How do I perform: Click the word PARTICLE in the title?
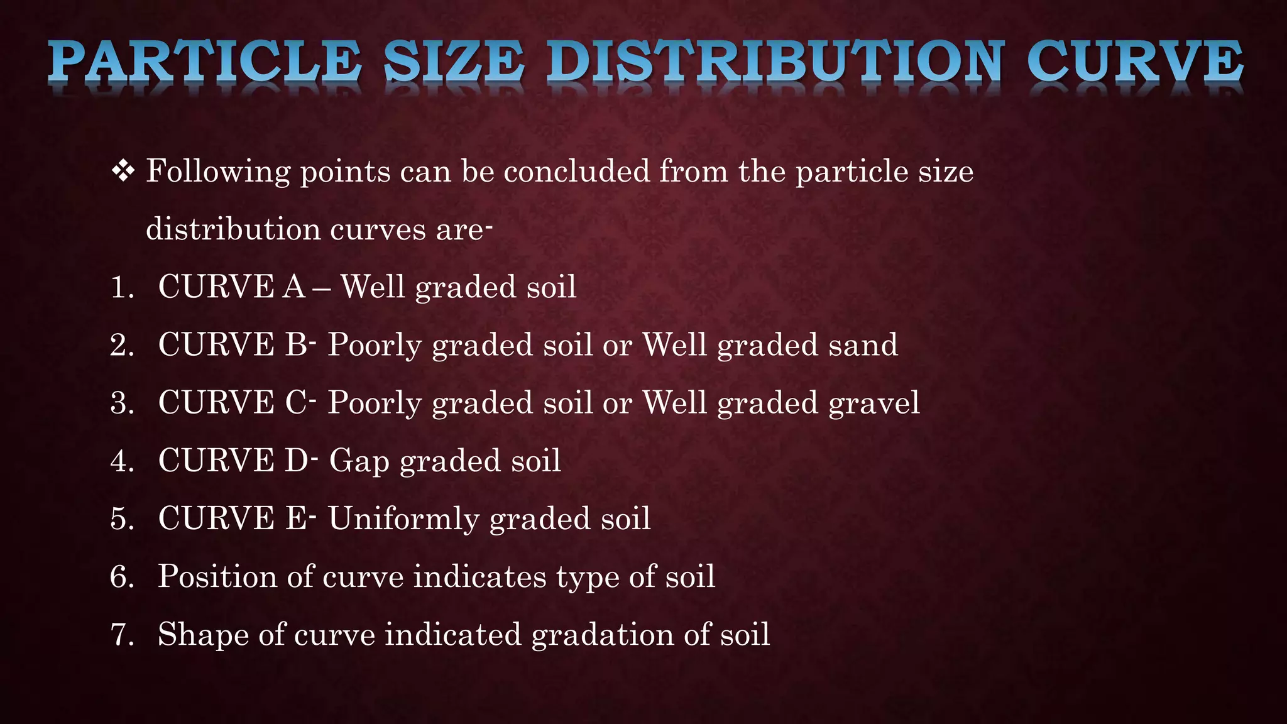pos(204,63)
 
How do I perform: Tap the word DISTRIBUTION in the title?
pos(775,63)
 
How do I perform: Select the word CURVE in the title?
pos(1135,63)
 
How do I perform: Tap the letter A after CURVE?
pos(294,287)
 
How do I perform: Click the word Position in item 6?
pos(217,577)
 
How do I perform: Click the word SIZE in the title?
pos(454,63)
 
